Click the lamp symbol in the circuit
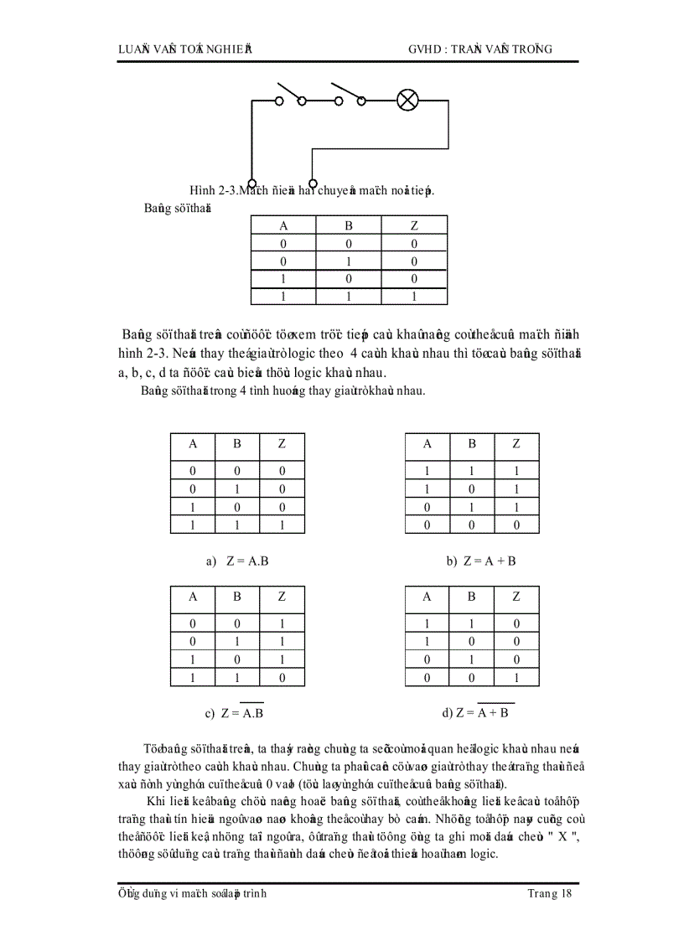tap(407, 101)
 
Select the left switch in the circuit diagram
tap(290, 93)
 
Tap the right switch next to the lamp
tap(350, 93)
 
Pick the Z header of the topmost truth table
tap(413, 225)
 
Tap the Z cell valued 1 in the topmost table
tap(413, 297)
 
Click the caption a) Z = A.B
tap(237, 561)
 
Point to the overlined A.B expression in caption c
tap(252, 714)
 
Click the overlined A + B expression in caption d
tap(496, 713)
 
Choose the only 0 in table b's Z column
tap(516, 525)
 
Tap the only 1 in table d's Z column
tap(516, 678)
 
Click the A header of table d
tap(427, 597)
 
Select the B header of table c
tap(237, 597)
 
